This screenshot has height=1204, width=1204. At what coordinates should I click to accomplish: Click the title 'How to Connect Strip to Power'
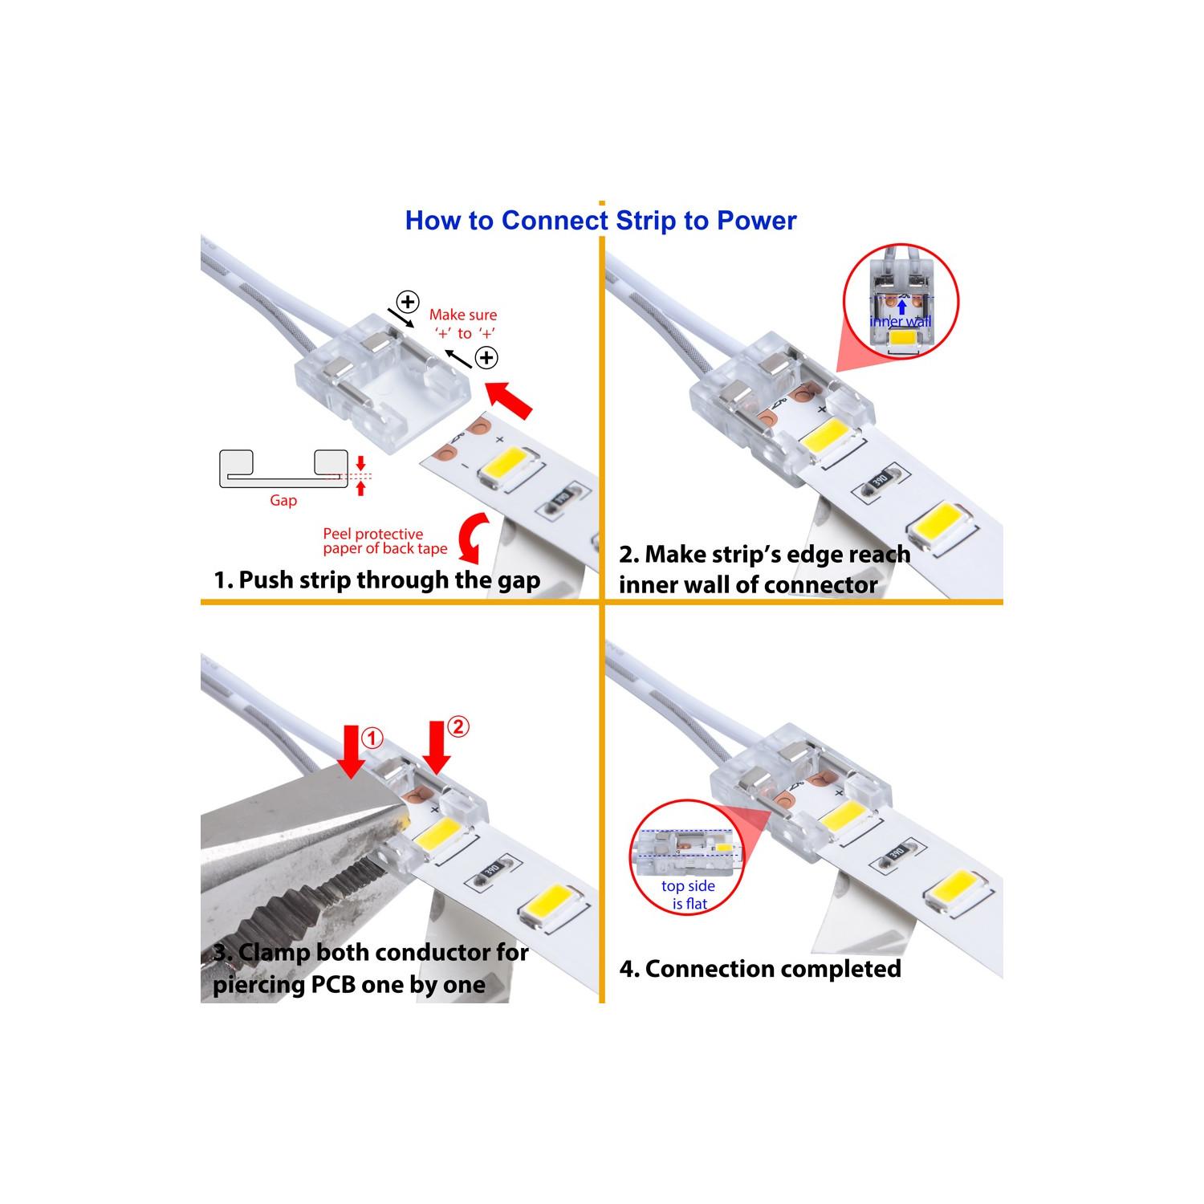pos(600,221)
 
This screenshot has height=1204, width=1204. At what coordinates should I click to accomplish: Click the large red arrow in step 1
pos(510,399)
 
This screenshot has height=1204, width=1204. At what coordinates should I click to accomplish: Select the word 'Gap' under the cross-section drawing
pos(283,501)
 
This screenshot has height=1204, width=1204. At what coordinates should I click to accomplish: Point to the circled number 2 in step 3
pos(457,727)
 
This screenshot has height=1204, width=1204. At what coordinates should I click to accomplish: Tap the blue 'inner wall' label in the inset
pos(901,322)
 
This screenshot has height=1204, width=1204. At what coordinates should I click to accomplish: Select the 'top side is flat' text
pos(688,895)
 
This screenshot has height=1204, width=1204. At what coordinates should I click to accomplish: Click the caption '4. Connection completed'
pos(760,969)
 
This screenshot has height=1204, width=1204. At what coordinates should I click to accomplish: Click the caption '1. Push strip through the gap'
pos(376,580)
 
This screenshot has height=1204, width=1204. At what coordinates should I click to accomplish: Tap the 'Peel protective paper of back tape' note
pos(385,541)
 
